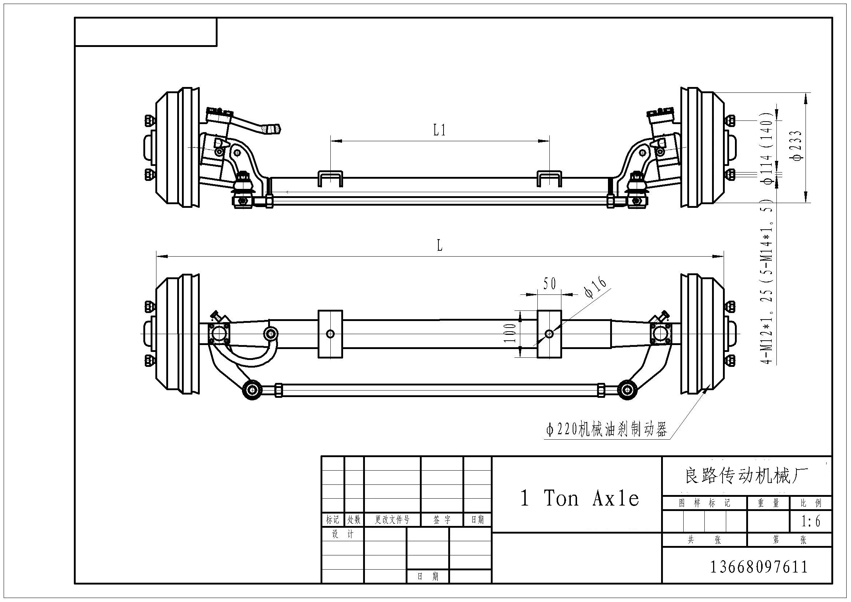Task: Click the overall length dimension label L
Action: click(x=440, y=245)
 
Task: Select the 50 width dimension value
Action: click(x=550, y=284)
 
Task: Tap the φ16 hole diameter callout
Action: click(x=595, y=287)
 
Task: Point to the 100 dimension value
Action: click(x=510, y=333)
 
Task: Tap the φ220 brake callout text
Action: click(x=607, y=429)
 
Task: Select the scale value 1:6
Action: click(x=811, y=522)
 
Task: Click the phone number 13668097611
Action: click(x=759, y=567)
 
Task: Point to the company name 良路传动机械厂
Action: click(x=747, y=476)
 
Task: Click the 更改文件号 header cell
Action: click(x=392, y=520)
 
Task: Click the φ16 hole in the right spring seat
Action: click(x=549, y=334)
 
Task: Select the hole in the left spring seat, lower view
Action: click(x=330, y=334)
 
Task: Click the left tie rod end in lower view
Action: click(x=252, y=389)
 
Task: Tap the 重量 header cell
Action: click(x=768, y=503)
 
